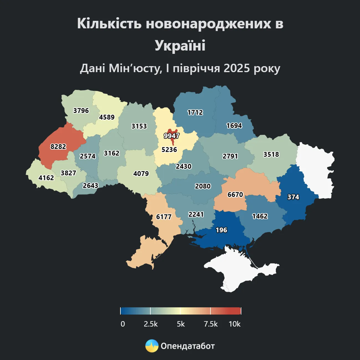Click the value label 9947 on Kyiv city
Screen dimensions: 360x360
(x=171, y=136)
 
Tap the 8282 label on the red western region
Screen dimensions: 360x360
(x=58, y=146)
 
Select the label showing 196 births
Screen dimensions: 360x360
(x=221, y=230)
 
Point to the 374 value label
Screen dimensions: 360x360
(x=293, y=197)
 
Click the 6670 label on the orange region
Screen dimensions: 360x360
(x=235, y=195)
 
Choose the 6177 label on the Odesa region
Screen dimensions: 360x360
(x=164, y=217)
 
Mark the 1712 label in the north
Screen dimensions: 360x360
(x=195, y=112)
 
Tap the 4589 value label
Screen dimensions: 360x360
(x=107, y=117)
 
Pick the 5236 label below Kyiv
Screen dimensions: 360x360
(x=169, y=150)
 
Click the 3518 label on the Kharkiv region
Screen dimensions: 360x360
(x=271, y=154)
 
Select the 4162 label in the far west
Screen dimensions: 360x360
(x=46, y=178)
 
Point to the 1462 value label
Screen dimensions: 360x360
(x=260, y=216)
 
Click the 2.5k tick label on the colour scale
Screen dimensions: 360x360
(x=151, y=324)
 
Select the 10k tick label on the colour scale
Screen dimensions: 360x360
(x=234, y=324)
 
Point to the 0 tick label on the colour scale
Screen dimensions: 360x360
(x=123, y=324)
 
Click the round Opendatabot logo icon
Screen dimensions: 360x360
(x=152, y=346)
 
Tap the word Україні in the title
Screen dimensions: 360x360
(x=180, y=45)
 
